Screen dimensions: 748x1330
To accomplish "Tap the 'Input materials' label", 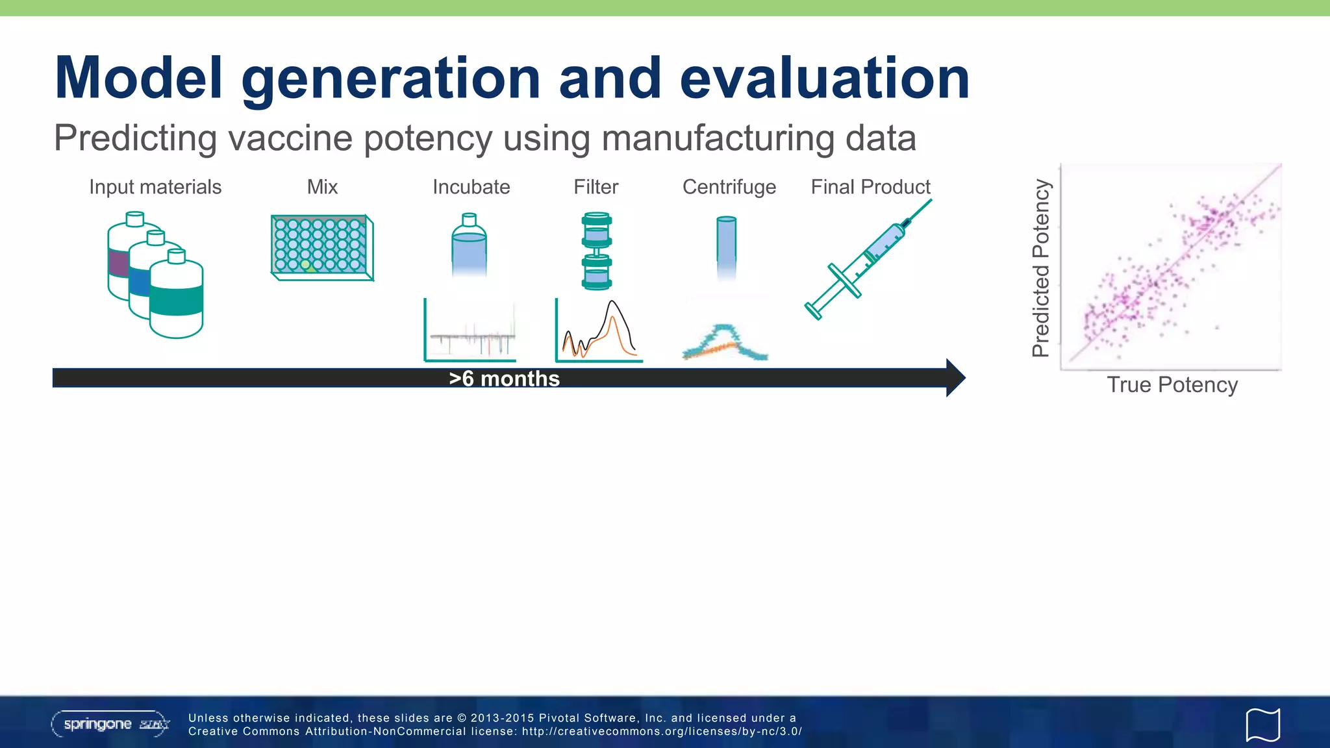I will (155, 187).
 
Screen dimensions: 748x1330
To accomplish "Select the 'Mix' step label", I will (322, 187).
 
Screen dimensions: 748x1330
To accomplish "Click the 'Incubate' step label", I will (471, 187).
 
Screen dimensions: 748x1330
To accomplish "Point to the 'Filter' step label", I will (596, 187).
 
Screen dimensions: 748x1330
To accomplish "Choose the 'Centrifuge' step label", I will (729, 187).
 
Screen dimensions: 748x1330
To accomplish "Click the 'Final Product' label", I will (870, 187).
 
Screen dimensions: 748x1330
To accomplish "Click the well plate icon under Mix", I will (321, 247).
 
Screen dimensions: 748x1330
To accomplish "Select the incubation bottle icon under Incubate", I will (469, 245).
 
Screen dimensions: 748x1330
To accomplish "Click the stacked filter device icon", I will (596, 250).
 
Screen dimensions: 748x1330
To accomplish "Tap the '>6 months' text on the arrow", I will (504, 379).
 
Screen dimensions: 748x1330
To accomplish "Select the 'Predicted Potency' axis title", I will (1041, 268).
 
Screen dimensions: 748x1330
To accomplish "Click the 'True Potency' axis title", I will (1172, 385).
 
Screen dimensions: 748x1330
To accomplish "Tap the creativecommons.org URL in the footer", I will (662, 731).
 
